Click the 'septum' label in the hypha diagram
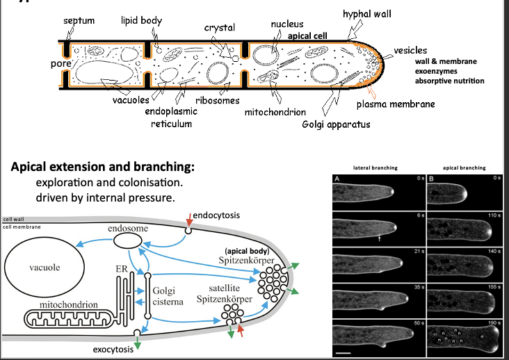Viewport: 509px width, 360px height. coord(79,21)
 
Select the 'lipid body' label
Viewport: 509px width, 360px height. coord(141,21)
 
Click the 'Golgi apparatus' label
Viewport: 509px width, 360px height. coord(336,124)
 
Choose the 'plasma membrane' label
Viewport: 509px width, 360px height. coord(396,104)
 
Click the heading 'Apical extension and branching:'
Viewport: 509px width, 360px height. coord(102,168)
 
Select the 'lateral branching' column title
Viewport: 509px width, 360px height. coord(375,167)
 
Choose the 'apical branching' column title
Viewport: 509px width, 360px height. coord(464,167)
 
